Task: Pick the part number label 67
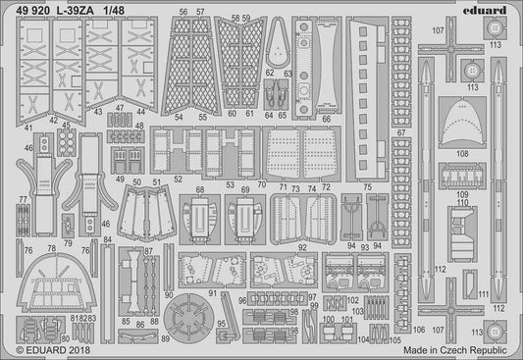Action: point(400,132)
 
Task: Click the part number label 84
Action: point(107,239)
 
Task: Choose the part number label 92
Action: point(304,249)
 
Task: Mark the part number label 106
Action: point(420,329)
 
